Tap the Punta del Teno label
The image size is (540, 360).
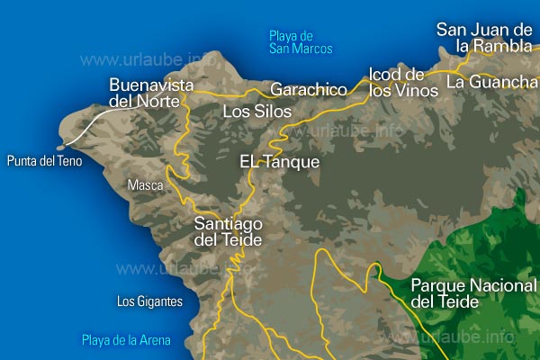coord(44,161)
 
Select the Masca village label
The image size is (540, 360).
coord(145,185)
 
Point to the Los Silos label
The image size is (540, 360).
coord(257,112)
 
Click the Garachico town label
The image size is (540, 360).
coord(309,90)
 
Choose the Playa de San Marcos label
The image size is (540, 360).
coord(301,42)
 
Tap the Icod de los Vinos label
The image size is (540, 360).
coord(396,82)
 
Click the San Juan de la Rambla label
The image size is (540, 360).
coord(484,37)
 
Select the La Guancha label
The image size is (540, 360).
coord(490,83)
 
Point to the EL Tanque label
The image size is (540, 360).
coord(280,162)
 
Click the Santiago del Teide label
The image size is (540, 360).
coord(229,231)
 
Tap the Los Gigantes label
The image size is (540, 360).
coord(149,301)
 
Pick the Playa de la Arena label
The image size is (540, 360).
coord(125,340)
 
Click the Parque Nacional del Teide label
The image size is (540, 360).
coord(472,294)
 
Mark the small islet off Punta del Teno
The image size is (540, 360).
coord(60,147)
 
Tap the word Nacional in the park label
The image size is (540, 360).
coord(499,286)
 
